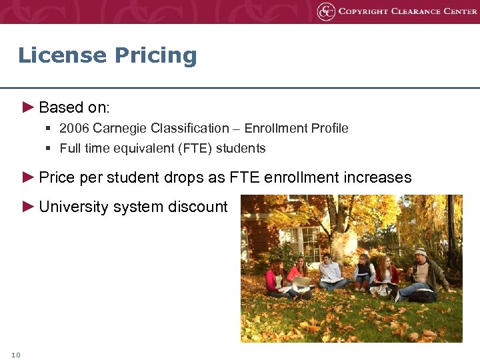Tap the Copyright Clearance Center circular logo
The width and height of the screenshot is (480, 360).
(326, 11)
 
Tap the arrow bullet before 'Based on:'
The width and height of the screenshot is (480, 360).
(27, 107)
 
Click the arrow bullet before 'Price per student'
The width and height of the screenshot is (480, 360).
(27, 177)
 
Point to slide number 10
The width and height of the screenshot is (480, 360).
(16, 355)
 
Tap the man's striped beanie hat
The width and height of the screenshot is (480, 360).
(420, 252)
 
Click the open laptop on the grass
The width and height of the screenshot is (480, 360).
(301, 283)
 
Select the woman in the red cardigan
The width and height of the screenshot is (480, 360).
(385, 273)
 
